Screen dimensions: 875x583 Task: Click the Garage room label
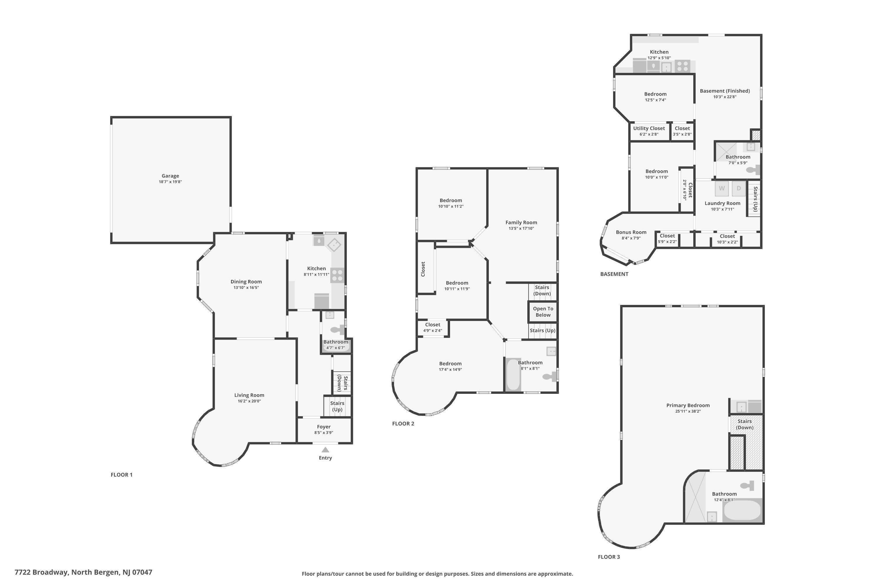[170, 176]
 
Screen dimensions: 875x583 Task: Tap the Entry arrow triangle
[325, 449]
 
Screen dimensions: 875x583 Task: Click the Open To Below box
[543, 312]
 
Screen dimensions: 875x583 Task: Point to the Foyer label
[324, 427]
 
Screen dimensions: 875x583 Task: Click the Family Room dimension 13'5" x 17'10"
[521, 228]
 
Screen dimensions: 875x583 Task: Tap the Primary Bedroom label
[688, 405]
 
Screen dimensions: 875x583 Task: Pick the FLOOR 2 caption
[403, 424]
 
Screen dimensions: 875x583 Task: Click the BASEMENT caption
[614, 274]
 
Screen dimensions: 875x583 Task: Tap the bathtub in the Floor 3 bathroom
[742, 510]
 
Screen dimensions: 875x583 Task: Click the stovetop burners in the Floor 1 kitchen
[337, 275]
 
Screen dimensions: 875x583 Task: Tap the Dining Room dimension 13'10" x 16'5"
[246, 287]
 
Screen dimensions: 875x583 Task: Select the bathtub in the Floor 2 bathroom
[513, 375]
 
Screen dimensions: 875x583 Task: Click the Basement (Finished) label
[725, 91]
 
